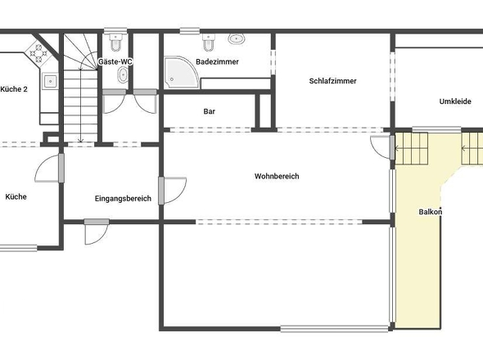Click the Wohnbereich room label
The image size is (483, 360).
click(x=276, y=176)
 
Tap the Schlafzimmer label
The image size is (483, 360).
click(x=332, y=80)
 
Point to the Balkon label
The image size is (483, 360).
click(x=431, y=212)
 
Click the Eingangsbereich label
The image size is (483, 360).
click(x=123, y=198)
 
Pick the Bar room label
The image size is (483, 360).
click(x=209, y=110)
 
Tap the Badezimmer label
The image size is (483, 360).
click(x=217, y=61)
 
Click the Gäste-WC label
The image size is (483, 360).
click(x=115, y=61)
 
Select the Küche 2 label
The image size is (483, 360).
click(x=14, y=88)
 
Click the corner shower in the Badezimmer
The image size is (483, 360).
click(x=180, y=71)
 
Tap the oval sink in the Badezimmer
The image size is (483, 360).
click(x=238, y=38)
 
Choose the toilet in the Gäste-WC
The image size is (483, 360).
click(x=115, y=38)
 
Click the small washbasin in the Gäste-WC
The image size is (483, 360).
click(x=123, y=75)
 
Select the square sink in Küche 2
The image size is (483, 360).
click(x=50, y=81)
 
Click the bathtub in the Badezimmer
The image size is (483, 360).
click(x=235, y=83)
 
